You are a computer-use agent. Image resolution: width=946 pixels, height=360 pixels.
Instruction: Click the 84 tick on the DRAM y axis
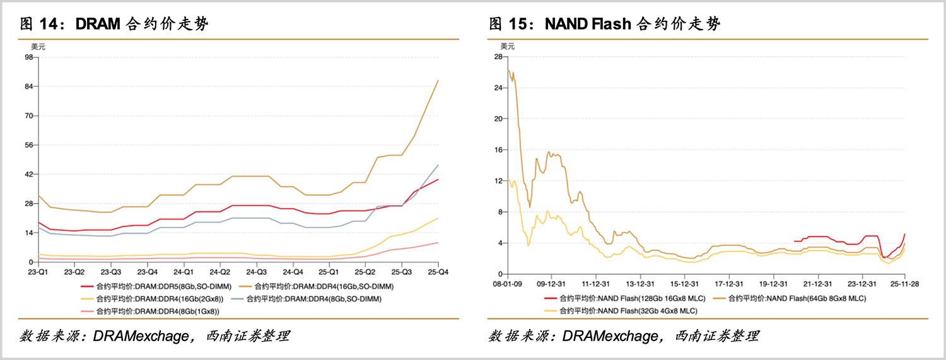pos(28,86)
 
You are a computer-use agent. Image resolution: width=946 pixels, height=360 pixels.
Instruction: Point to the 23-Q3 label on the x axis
pos(111,272)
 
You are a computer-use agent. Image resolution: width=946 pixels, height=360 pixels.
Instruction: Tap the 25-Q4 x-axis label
pos(438,272)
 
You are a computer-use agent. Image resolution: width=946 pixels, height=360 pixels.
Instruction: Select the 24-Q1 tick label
pos(184,272)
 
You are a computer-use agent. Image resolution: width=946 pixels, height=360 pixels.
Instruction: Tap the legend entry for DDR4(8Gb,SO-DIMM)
pos(322,298)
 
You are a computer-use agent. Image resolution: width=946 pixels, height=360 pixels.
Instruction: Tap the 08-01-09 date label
pos(508,284)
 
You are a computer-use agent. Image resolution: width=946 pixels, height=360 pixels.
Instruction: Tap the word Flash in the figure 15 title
pos(611,25)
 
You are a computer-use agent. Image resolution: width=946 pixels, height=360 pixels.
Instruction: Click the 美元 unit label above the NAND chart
pos(508,46)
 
